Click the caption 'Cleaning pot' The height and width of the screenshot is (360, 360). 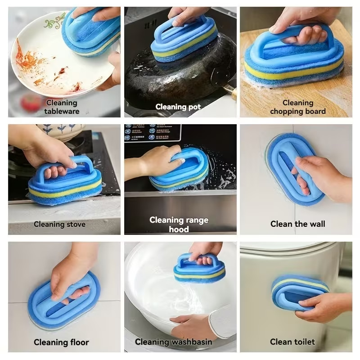178,107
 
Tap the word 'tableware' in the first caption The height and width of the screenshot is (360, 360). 62,111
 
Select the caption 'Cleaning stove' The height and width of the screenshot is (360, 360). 59,224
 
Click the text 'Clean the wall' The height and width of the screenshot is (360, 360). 297,224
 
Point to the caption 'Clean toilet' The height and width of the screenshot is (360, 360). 292,342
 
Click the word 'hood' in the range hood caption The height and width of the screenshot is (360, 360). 179,229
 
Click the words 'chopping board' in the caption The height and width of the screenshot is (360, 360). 298,111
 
